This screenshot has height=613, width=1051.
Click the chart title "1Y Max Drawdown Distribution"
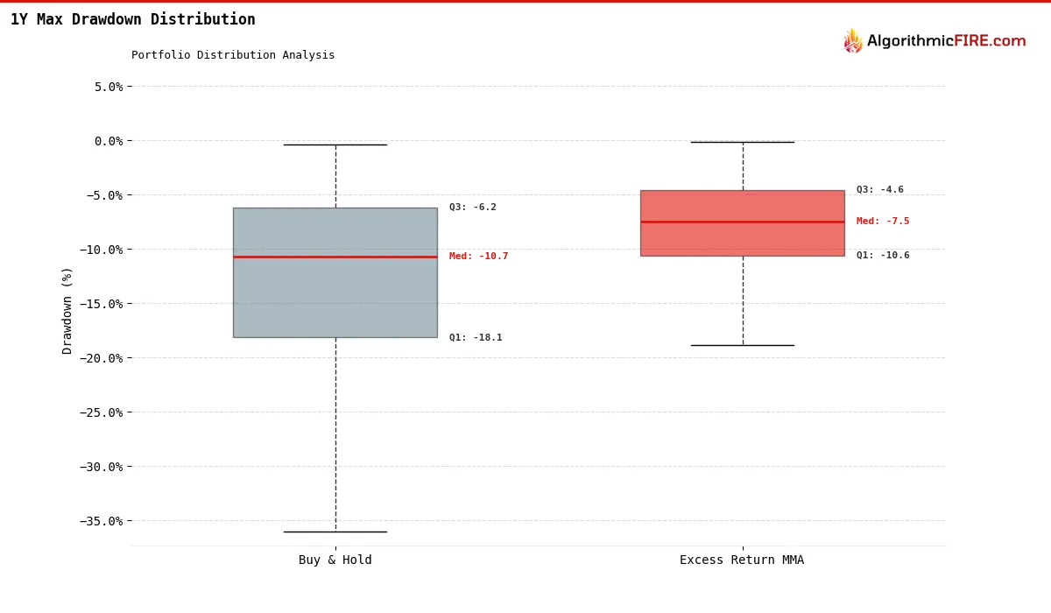(x=133, y=19)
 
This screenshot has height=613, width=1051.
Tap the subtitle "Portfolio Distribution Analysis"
(x=233, y=55)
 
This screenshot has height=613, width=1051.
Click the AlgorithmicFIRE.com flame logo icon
(x=852, y=41)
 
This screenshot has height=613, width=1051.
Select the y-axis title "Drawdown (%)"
(x=67, y=310)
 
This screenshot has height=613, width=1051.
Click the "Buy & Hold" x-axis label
(x=335, y=560)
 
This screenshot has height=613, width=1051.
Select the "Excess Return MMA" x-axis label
(x=742, y=560)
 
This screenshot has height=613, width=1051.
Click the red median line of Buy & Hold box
(x=335, y=257)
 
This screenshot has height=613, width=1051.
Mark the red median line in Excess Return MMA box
(x=742, y=222)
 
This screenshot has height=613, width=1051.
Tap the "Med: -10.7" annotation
(x=478, y=257)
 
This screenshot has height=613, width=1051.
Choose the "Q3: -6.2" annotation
(x=473, y=208)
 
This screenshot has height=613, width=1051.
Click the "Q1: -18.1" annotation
(x=476, y=338)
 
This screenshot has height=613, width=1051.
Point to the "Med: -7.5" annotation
(x=883, y=222)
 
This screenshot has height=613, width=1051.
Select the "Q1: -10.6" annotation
(x=883, y=256)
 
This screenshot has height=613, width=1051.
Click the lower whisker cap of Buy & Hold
(x=335, y=532)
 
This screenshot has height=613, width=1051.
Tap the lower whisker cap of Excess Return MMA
(x=742, y=345)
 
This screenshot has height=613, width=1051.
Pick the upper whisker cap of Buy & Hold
(x=335, y=144)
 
